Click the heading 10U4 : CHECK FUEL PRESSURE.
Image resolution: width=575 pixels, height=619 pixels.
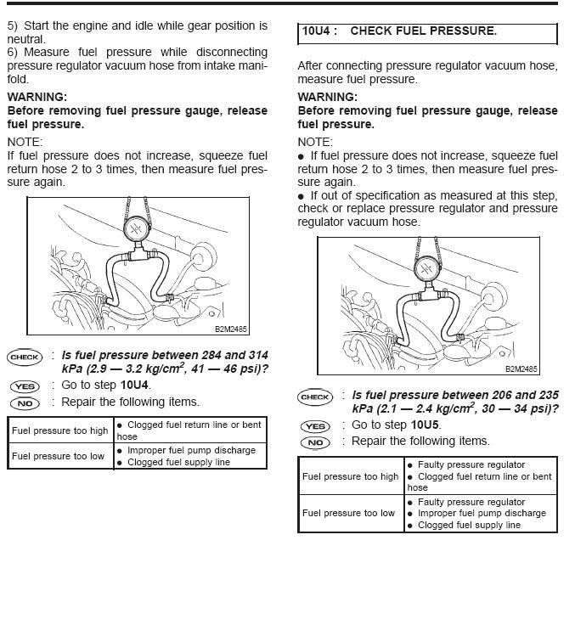tap(399, 31)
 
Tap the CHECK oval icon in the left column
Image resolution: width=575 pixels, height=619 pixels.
tap(25, 357)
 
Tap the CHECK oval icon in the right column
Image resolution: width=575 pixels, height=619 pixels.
tap(315, 397)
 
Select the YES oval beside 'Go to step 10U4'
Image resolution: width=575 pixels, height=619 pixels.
tap(25, 386)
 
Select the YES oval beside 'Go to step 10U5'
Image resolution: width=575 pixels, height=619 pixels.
tap(316, 426)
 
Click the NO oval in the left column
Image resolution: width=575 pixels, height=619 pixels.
tap(25, 403)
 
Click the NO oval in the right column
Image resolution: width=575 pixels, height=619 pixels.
tap(316, 443)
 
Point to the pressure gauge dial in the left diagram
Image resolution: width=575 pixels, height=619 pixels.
tap(137, 228)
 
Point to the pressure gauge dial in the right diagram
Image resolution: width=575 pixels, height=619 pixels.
tap(428, 269)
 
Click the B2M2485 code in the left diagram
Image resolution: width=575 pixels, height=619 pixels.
tap(231, 329)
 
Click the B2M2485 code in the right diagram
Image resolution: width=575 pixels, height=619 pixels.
tap(521, 369)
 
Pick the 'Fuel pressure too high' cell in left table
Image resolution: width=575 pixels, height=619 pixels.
tap(60, 430)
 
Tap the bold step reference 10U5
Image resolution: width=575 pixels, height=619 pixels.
tap(425, 425)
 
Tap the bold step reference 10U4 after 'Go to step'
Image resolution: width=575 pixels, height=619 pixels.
tap(135, 385)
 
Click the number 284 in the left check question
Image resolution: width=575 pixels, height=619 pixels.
tap(211, 355)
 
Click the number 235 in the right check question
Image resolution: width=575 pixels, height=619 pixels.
tap(549, 395)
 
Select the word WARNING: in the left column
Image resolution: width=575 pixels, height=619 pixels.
tap(37, 97)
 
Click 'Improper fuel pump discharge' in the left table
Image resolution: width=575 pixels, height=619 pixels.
tap(191, 450)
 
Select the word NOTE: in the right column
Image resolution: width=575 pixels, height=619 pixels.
tap(315, 142)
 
